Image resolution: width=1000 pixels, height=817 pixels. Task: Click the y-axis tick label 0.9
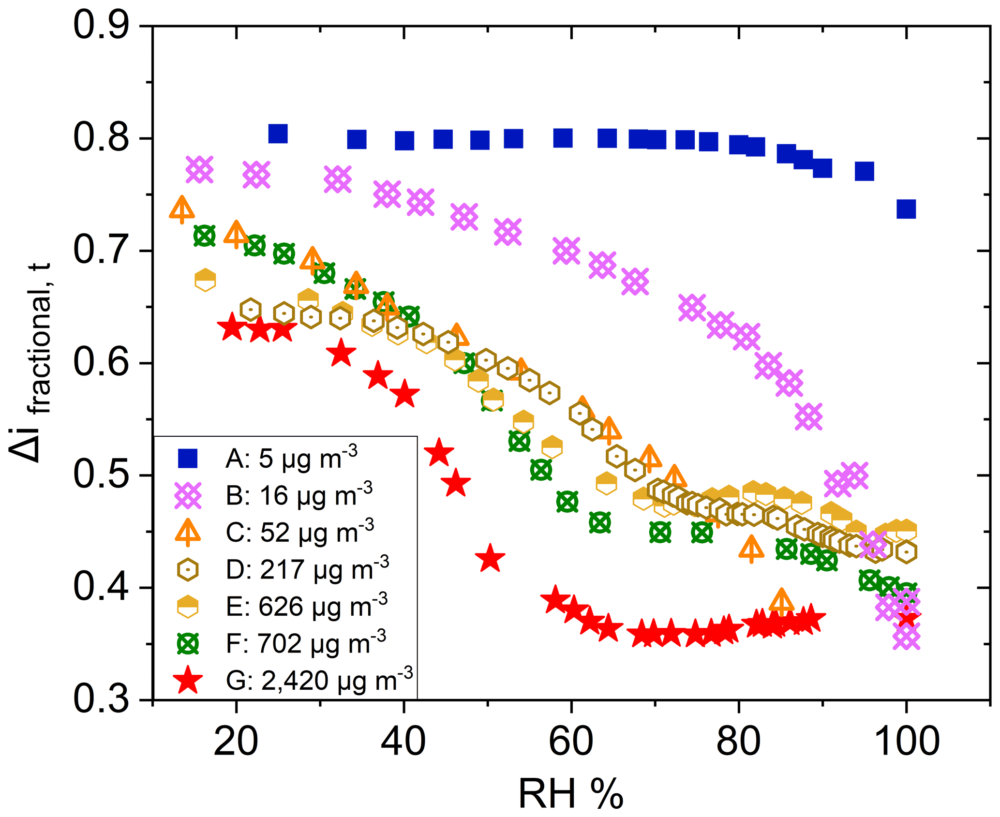[102, 25]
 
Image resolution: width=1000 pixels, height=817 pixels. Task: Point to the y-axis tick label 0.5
[102, 475]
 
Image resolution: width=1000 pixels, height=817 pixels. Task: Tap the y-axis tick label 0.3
[102, 699]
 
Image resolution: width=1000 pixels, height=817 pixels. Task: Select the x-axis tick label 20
[236, 742]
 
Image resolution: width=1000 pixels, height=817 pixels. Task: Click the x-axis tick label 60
[571, 742]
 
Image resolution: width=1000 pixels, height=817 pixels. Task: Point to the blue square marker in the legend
[188, 458]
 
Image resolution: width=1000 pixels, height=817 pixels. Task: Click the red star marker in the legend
[188, 680]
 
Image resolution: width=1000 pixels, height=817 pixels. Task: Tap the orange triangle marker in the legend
[188, 532]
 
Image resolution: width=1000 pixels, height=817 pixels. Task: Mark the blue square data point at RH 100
[906, 209]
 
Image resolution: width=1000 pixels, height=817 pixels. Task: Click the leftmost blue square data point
[278, 134]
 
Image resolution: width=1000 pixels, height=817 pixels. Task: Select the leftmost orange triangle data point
[182, 209]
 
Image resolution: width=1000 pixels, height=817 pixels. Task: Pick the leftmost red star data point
[233, 327]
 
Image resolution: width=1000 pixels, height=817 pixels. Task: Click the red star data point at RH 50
[490, 558]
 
